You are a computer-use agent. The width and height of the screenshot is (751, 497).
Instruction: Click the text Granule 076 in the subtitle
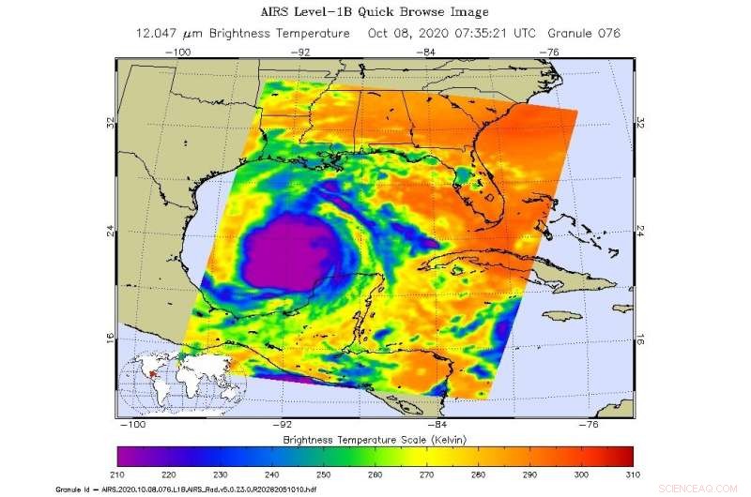(586, 34)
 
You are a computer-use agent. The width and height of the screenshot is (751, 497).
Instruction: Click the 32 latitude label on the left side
(111, 123)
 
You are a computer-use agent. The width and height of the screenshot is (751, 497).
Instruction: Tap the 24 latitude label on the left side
(111, 231)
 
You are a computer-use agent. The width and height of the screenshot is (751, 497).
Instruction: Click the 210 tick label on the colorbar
(118, 474)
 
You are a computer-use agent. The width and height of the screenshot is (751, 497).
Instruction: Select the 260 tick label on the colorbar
(375, 474)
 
